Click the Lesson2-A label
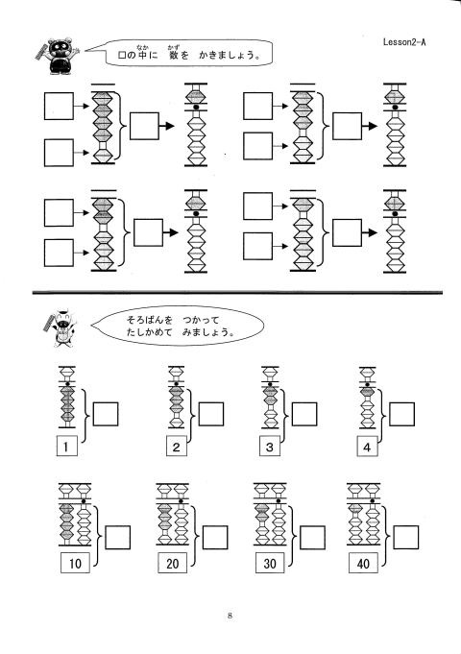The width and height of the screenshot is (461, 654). pyautogui.click(x=404, y=41)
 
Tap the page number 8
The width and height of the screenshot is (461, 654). pyautogui.click(x=230, y=616)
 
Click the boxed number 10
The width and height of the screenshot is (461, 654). pyautogui.click(x=75, y=563)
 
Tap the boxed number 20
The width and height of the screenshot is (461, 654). pyautogui.click(x=172, y=563)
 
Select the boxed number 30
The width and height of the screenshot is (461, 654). pyautogui.click(x=270, y=563)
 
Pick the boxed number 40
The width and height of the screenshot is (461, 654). pyautogui.click(x=363, y=563)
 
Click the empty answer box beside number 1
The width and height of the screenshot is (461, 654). pyautogui.click(x=105, y=414)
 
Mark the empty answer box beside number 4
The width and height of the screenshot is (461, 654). pyautogui.click(x=401, y=414)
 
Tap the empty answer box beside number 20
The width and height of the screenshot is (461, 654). pyautogui.click(x=215, y=537)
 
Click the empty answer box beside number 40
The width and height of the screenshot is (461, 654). pyautogui.click(x=405, y=537)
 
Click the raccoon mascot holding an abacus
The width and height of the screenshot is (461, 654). pyautogui.click(x=58, y=56)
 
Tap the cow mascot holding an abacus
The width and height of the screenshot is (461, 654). pyautogui.click(x=61, y=328)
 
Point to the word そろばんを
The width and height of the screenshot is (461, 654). pyautogui.click(x=150, y=321)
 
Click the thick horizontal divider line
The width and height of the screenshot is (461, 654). pyautogui.click(x=237, y=293)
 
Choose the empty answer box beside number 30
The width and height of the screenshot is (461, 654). pyautogui.click(x=312, y=537)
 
